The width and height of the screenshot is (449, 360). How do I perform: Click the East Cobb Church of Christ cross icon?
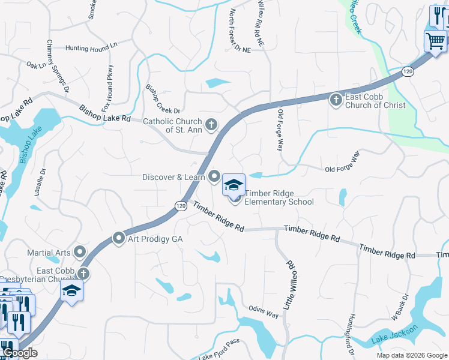[x=336, y=99]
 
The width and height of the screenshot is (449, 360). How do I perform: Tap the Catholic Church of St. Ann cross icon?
[x=211, y=125]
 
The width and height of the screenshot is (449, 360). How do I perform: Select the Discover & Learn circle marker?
[x=214, y=176]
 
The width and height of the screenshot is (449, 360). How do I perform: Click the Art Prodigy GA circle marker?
[x=118, y=238]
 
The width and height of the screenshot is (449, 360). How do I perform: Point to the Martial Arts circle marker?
[x=80, y=252]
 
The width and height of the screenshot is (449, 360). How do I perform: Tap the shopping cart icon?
[x=435, y=41]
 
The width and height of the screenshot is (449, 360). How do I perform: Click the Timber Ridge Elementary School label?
[x=279, y=202]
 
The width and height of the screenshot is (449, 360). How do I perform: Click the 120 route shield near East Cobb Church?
[x=408, y=72]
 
